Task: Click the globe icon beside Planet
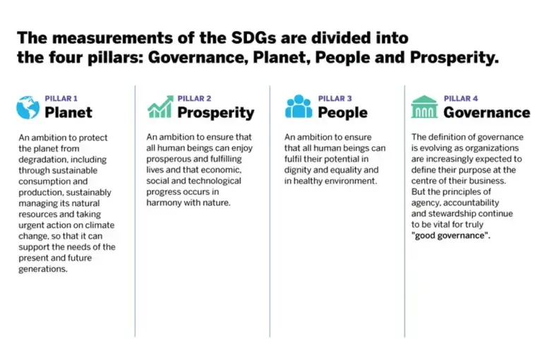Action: point(28,107)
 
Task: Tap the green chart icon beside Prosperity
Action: point(159,107)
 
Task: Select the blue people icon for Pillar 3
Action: point(298,107)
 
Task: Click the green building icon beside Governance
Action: point(424,107)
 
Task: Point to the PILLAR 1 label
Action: point(61,99)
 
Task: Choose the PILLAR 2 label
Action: point(194,99)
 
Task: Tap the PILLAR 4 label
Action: point(461,99)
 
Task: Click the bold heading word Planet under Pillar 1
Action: point(68,112)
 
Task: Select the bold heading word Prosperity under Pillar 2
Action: point(215,112)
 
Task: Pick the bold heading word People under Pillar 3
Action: point(342,112)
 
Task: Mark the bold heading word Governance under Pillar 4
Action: point(486,112)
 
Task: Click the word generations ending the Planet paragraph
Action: point(43,269)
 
